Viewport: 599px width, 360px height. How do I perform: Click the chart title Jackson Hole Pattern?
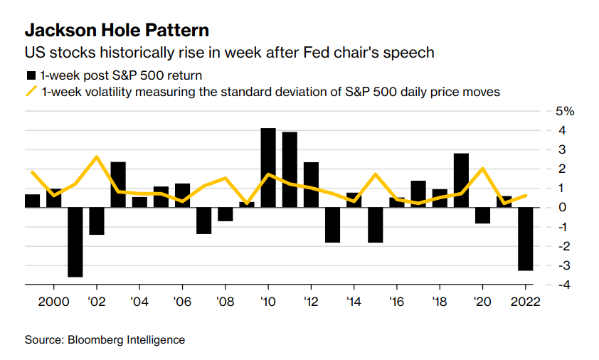click(117, 31)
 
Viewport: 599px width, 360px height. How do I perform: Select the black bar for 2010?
click(268, 167)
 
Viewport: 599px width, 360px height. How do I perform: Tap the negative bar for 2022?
click(526, 238)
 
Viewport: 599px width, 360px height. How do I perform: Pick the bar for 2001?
click(75, 242)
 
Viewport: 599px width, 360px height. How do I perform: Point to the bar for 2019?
click(461, 180)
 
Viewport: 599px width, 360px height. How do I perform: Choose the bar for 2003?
click(118, 184)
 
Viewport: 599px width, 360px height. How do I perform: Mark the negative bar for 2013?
click(332, 225)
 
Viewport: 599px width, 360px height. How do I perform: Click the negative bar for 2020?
click(482, 215)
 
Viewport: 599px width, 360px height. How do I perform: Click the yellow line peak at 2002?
click(97, 157)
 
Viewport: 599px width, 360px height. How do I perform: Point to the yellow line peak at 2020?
click(482, 169)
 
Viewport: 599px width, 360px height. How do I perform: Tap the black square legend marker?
click(31, 75)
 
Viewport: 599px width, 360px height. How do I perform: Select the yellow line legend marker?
click(31, 92)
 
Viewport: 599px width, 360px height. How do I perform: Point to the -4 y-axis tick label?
click(559, 285)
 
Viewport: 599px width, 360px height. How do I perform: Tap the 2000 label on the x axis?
click(53, 301)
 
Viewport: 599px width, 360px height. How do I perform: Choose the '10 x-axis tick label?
click(268, 301)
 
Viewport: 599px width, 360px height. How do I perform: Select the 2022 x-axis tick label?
click(526, 301)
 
